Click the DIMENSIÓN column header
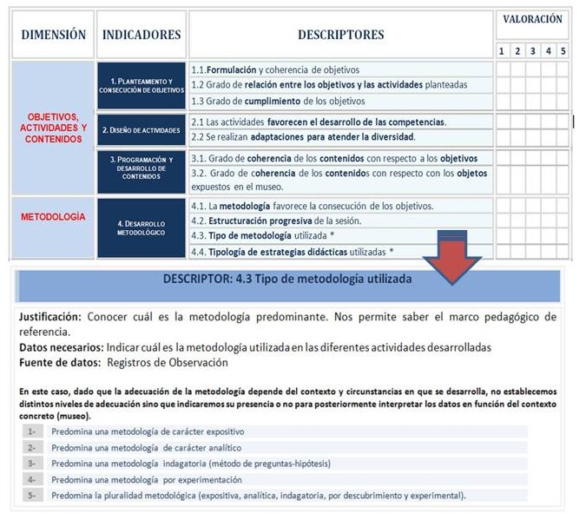pos(53,35)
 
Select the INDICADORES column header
pos(142,35)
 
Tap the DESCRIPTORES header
pos(340,35)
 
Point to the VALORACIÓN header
pos(532,19)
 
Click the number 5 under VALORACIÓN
pos(563,51)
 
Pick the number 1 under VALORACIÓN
pos(502,51)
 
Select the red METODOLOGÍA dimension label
pos(53,216)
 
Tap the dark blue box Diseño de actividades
pos(142,130)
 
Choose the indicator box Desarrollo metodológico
pos(142,228)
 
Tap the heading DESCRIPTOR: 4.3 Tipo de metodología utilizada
pos(287,280)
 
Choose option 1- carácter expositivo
pos(148,431)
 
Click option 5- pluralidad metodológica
pos(258,496)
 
